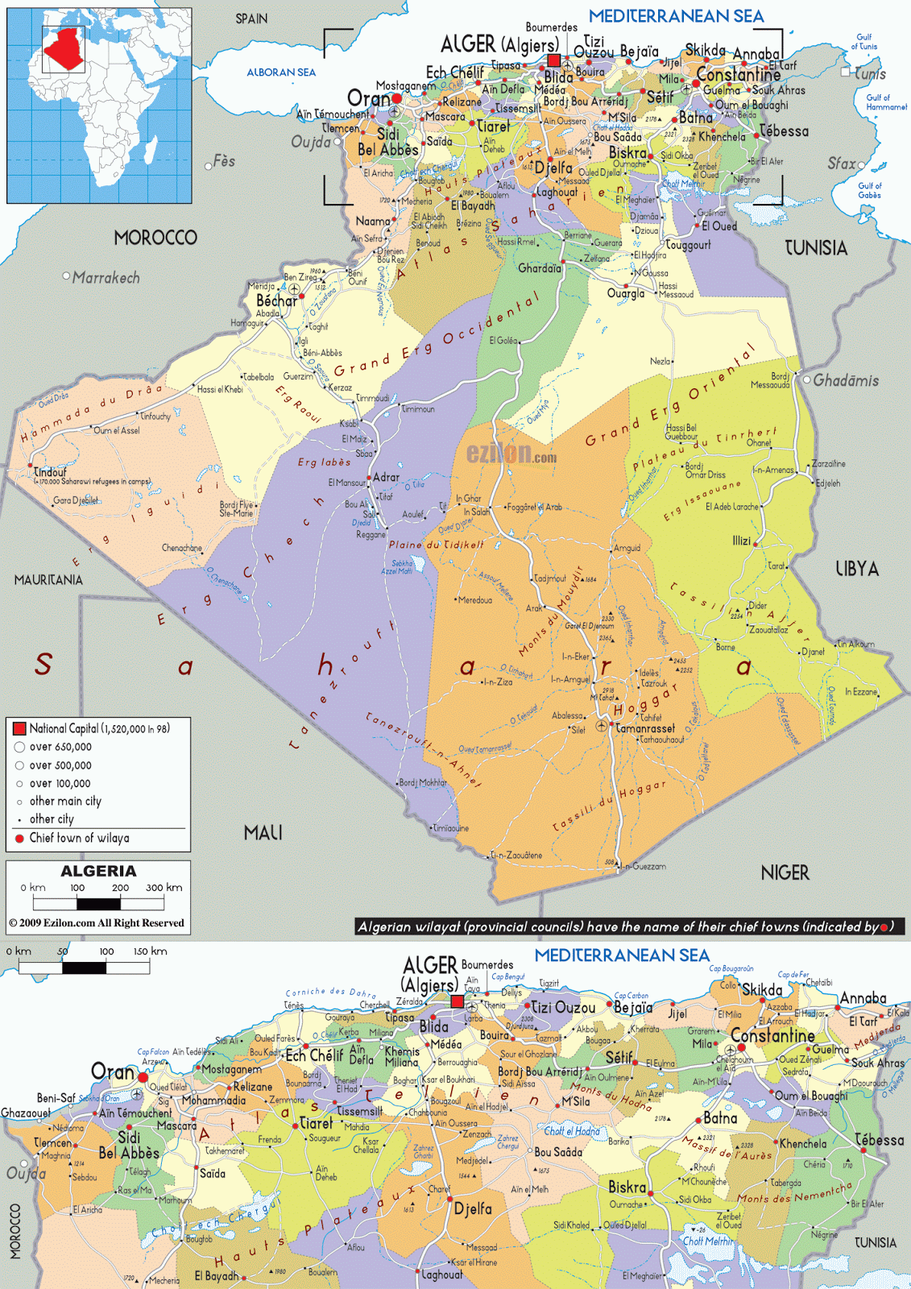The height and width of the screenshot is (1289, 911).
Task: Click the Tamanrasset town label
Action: tap(645, 728)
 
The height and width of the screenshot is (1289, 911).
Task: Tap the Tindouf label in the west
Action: tap(50, 472)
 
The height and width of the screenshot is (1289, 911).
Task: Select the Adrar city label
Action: tap(386, 477)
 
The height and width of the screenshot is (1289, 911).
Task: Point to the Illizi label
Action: tap(741, 541)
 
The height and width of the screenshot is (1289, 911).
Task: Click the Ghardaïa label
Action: tap(539, 268)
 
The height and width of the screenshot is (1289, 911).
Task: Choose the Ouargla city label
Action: tap(626, 293)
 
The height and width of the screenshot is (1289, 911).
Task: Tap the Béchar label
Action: tap(276, 300)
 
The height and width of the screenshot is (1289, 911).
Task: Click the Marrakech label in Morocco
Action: tap(106, 278)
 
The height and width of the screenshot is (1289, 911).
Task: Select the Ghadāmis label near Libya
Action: tap(846, 380)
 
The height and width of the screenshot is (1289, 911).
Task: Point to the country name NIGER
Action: tap(785, 872)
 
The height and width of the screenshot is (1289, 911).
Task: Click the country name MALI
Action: tap(263, 832)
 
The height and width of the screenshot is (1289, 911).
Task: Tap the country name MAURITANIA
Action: tap(48, 580)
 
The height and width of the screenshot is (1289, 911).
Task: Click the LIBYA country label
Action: tap(856, 569)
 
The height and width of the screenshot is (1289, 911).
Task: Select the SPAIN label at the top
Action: tap(251, 19)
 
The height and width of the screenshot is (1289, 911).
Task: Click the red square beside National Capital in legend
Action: tap(20, 728)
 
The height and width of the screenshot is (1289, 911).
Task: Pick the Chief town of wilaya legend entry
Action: tap(79, 838)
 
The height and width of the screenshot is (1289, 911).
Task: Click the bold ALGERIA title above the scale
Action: tap(98, 871)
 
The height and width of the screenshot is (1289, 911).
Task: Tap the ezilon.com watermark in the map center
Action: tap(511, 454)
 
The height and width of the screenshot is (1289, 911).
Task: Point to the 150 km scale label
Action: tap(150, 951)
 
